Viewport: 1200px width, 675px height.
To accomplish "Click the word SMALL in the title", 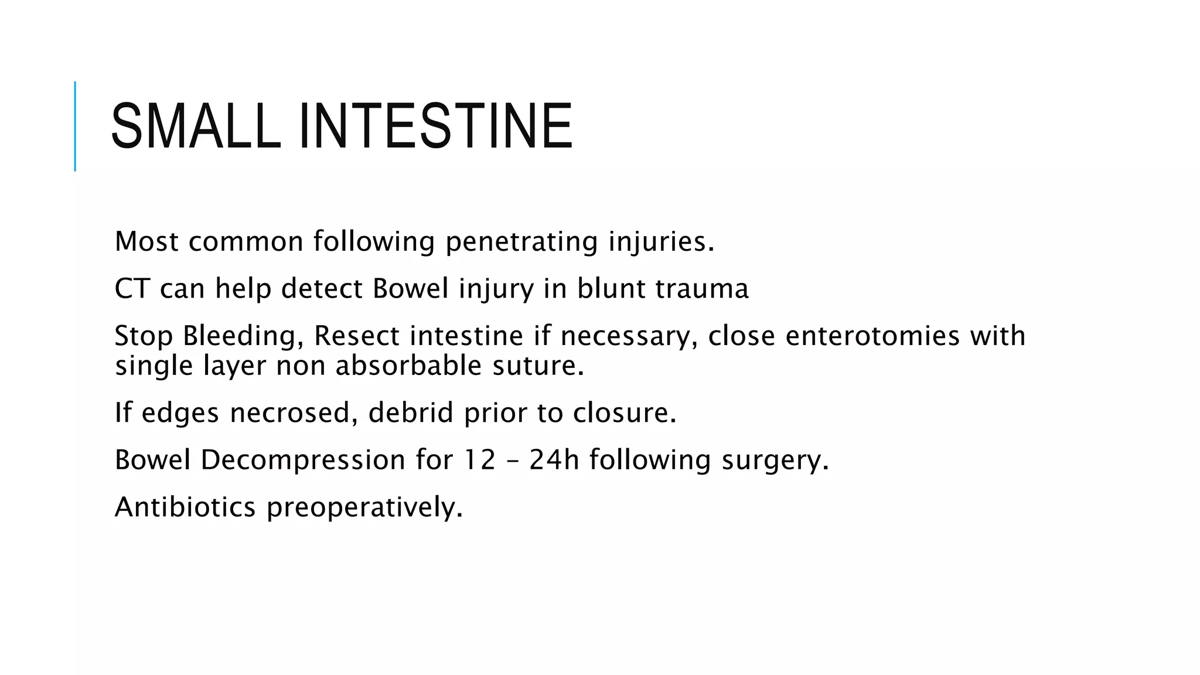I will tap(196, 126).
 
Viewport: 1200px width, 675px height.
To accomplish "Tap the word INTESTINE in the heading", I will tap(435, 126).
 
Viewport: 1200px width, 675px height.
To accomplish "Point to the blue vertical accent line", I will tap(75, 126).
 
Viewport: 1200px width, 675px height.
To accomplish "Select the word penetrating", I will tap(521, 241).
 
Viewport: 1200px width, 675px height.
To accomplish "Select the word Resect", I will tap(357, 336).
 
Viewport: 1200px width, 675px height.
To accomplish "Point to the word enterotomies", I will tap(872, 336).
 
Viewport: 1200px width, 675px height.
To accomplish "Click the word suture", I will tap(538, 366).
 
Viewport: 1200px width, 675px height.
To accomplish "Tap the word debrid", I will tap(411, 412).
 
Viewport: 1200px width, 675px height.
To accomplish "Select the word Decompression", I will tap(303, 460).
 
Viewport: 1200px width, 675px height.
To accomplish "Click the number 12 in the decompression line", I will tap(480, 460).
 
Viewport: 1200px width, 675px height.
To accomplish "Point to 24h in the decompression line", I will tap(554, 460).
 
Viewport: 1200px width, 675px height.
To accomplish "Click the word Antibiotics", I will tap(185, 507).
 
